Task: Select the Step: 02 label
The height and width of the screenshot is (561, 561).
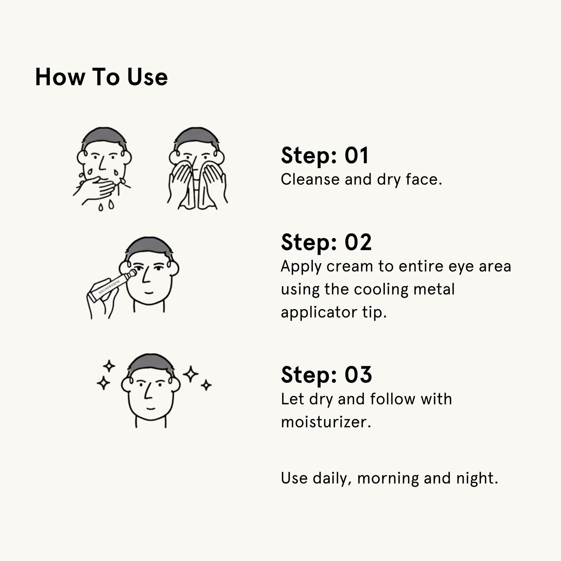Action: pos(326,242)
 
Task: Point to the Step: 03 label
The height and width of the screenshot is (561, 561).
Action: pos(326,374)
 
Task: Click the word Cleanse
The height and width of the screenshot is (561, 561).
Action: pos(310,179)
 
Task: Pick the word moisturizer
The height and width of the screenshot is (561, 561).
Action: pos(326,422)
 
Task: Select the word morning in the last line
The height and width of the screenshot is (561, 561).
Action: pos(388,479)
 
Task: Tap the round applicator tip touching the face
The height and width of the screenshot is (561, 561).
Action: pos(133,273)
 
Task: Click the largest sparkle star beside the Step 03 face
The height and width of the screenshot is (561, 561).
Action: pos(191,374)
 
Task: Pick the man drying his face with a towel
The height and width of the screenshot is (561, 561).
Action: pos(197,168)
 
